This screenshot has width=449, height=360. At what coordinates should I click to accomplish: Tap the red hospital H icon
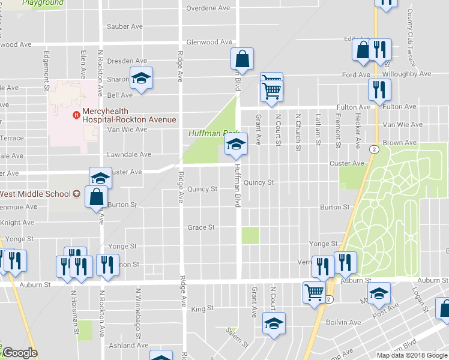tap(76, 115)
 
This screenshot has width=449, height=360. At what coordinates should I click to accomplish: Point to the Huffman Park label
tap(213, 133)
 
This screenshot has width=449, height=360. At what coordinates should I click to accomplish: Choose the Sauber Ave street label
tap(124, 26)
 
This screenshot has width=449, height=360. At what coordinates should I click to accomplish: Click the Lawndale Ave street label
tap(128, 154)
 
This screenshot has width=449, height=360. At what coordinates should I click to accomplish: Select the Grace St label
tap(201, 227)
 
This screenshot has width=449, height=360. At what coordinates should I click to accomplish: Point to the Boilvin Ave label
tap(342, 322)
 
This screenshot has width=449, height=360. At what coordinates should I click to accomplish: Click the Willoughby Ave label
tap(406, 74)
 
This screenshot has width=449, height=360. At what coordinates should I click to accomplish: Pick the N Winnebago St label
tap(138, 310)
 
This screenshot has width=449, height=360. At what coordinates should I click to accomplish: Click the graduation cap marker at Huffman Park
tap(235, 144)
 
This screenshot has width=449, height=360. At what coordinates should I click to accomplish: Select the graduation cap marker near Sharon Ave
tap(142, 77)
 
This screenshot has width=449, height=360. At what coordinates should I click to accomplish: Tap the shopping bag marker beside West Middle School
tap(97, 196)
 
